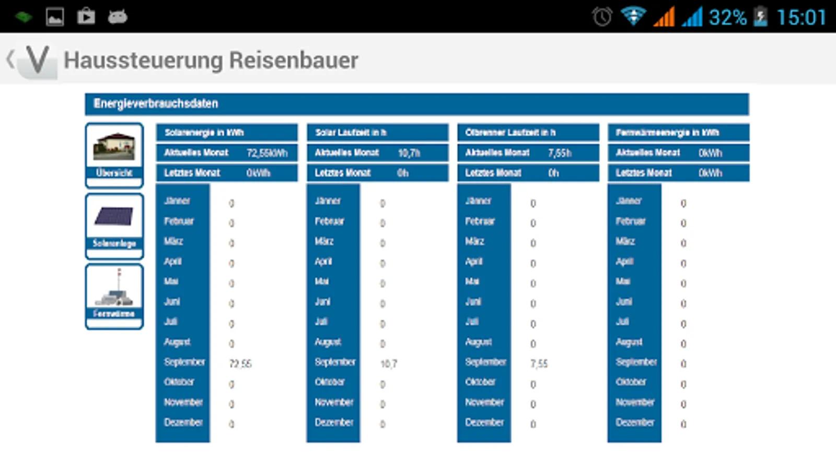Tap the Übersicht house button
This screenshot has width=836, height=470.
point(114,155)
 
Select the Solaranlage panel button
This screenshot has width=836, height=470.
point(114,225)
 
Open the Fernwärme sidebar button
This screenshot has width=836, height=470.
point(114,296)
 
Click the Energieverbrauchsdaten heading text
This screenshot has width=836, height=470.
point(156,103)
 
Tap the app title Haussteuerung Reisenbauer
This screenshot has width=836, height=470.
point(211,60)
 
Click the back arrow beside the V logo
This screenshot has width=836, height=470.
point(10,59)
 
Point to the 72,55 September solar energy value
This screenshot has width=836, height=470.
point(240,363)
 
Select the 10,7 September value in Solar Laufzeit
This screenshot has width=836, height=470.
point(389,363)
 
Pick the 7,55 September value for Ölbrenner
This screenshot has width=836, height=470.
point(539,363)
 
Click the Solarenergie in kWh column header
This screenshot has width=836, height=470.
point(204,133)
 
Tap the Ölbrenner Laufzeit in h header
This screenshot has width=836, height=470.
point(510,133)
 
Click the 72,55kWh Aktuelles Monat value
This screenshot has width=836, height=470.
point(267,153)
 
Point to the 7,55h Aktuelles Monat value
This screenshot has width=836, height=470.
point(560,153)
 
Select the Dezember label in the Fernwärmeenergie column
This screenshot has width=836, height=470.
point(635,422)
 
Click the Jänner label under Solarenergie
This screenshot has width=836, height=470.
point(177,201)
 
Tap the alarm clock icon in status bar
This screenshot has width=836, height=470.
point(602,17)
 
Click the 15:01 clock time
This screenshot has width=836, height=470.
point(801,17)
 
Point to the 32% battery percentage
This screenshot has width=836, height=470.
point(727,17)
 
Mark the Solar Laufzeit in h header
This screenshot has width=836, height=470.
point(351,133)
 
